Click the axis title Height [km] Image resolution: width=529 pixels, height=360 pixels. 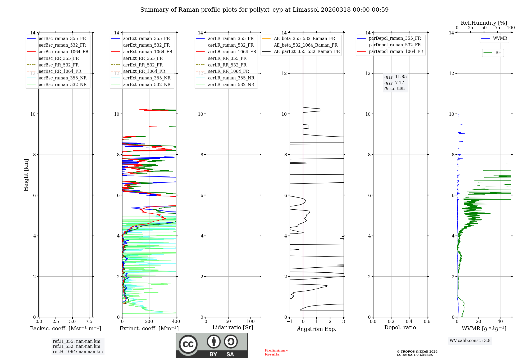tap(26, 175)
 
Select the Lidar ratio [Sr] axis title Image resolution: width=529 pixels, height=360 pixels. tap(233, 327)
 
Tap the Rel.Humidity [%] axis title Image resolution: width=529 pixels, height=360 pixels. tap(484, 23)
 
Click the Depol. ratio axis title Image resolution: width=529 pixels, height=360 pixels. tap(400, 327)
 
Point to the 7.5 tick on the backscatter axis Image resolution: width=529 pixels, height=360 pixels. tap(89, 321)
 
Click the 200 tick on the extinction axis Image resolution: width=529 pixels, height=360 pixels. tap(149, 321)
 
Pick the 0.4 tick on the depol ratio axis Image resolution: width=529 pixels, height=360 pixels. tap(409, 321)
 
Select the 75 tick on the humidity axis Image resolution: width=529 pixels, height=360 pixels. tap(498, 28)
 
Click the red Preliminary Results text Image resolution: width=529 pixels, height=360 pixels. tap(276, 352)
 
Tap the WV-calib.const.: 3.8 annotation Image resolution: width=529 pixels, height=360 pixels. tap(470, 341)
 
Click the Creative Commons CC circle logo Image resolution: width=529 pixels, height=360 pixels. tap(188, 344)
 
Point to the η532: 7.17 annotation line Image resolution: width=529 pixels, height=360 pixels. tap(394, 83)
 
